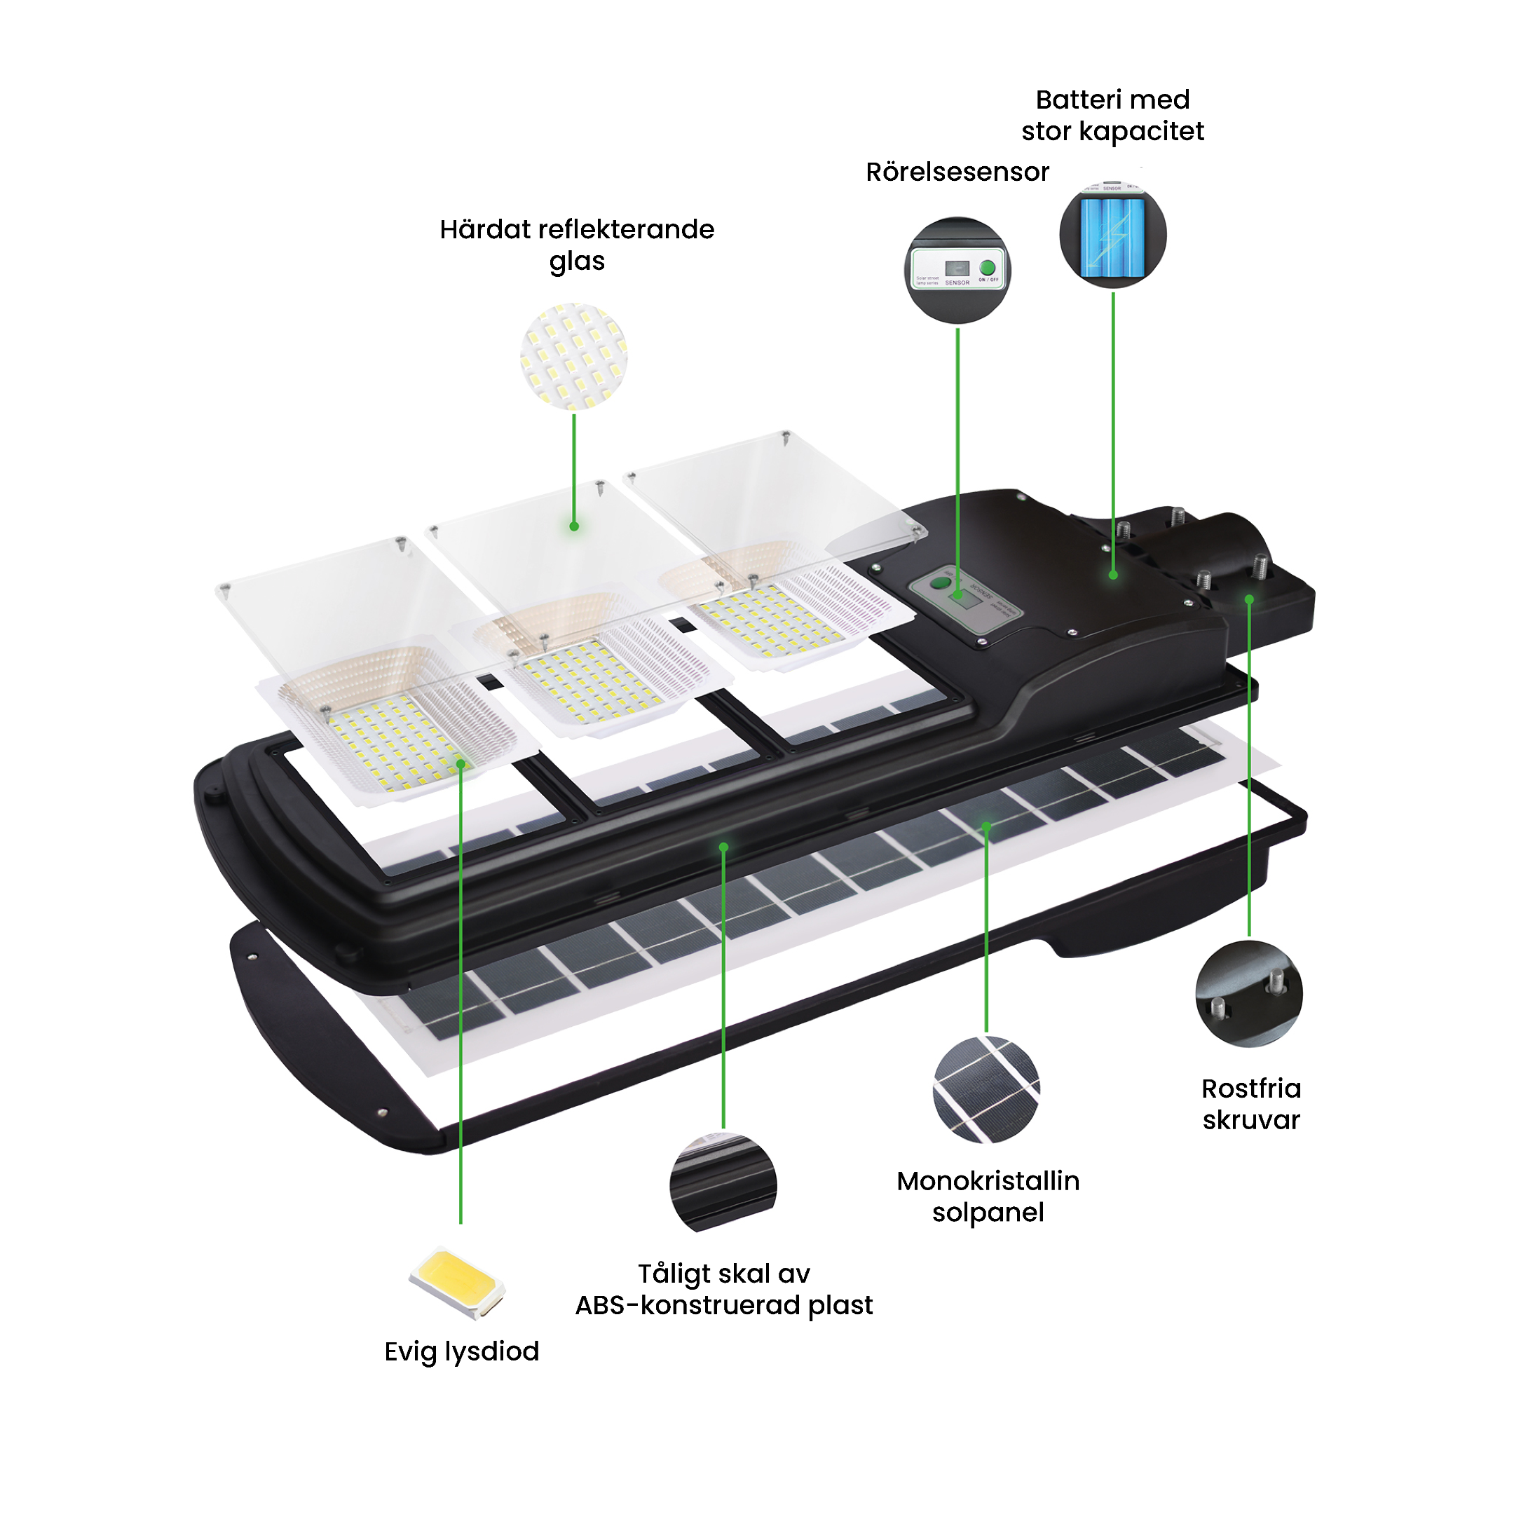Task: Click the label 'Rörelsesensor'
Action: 957,172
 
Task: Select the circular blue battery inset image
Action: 1113,234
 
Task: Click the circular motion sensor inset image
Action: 957,270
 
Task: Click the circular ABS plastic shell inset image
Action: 723,1182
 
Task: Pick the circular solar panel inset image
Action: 986,1089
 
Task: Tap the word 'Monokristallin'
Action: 988,1181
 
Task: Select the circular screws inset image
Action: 1249,994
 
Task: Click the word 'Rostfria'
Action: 1250,1089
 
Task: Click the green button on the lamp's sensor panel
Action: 937,583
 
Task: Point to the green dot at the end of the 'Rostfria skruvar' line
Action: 1249,599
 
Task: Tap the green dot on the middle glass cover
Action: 575,526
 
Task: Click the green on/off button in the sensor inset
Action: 988,268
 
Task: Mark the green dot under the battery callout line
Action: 1113,575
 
